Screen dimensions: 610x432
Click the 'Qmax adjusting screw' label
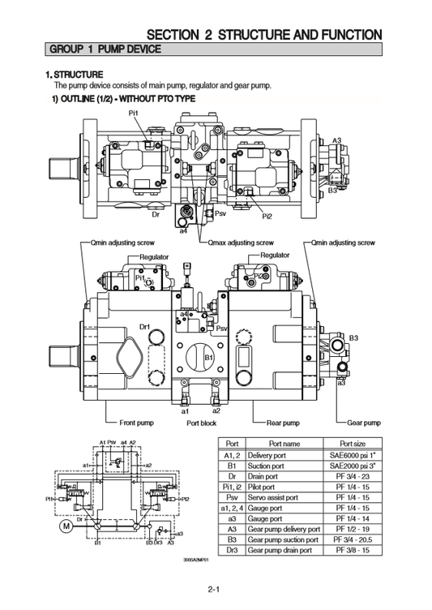pos(241,243)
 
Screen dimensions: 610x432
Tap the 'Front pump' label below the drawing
pos(137,423)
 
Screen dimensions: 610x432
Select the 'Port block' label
pos(201,423)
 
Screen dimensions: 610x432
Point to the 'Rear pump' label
pos(283,423)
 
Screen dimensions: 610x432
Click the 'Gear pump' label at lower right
pos(364,423)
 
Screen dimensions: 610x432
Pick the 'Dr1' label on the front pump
pos(145,326)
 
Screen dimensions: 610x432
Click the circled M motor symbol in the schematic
pos(67,526)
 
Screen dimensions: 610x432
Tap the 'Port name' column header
pos(284,444)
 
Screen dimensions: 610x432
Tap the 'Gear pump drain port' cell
pos(280,549)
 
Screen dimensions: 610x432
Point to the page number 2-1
pos(215,590)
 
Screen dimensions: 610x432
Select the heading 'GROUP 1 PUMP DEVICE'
pos(105,49)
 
